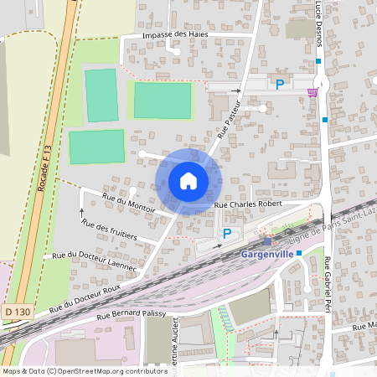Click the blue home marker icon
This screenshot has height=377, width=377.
coord(188,181)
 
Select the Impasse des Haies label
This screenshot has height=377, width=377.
coord(175,34)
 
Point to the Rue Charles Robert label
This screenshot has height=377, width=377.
coord(250,204)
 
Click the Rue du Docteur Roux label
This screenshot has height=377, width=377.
coord(90,299)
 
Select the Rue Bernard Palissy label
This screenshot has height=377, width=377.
coord(131,314)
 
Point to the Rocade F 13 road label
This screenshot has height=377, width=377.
coord(47,167)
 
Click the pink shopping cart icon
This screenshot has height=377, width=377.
coord(312,91)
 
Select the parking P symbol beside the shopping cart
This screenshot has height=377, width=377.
coord(280,84)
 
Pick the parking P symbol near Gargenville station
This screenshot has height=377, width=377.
coord(226,234)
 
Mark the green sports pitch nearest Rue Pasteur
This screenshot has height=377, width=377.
coord(163,101)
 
